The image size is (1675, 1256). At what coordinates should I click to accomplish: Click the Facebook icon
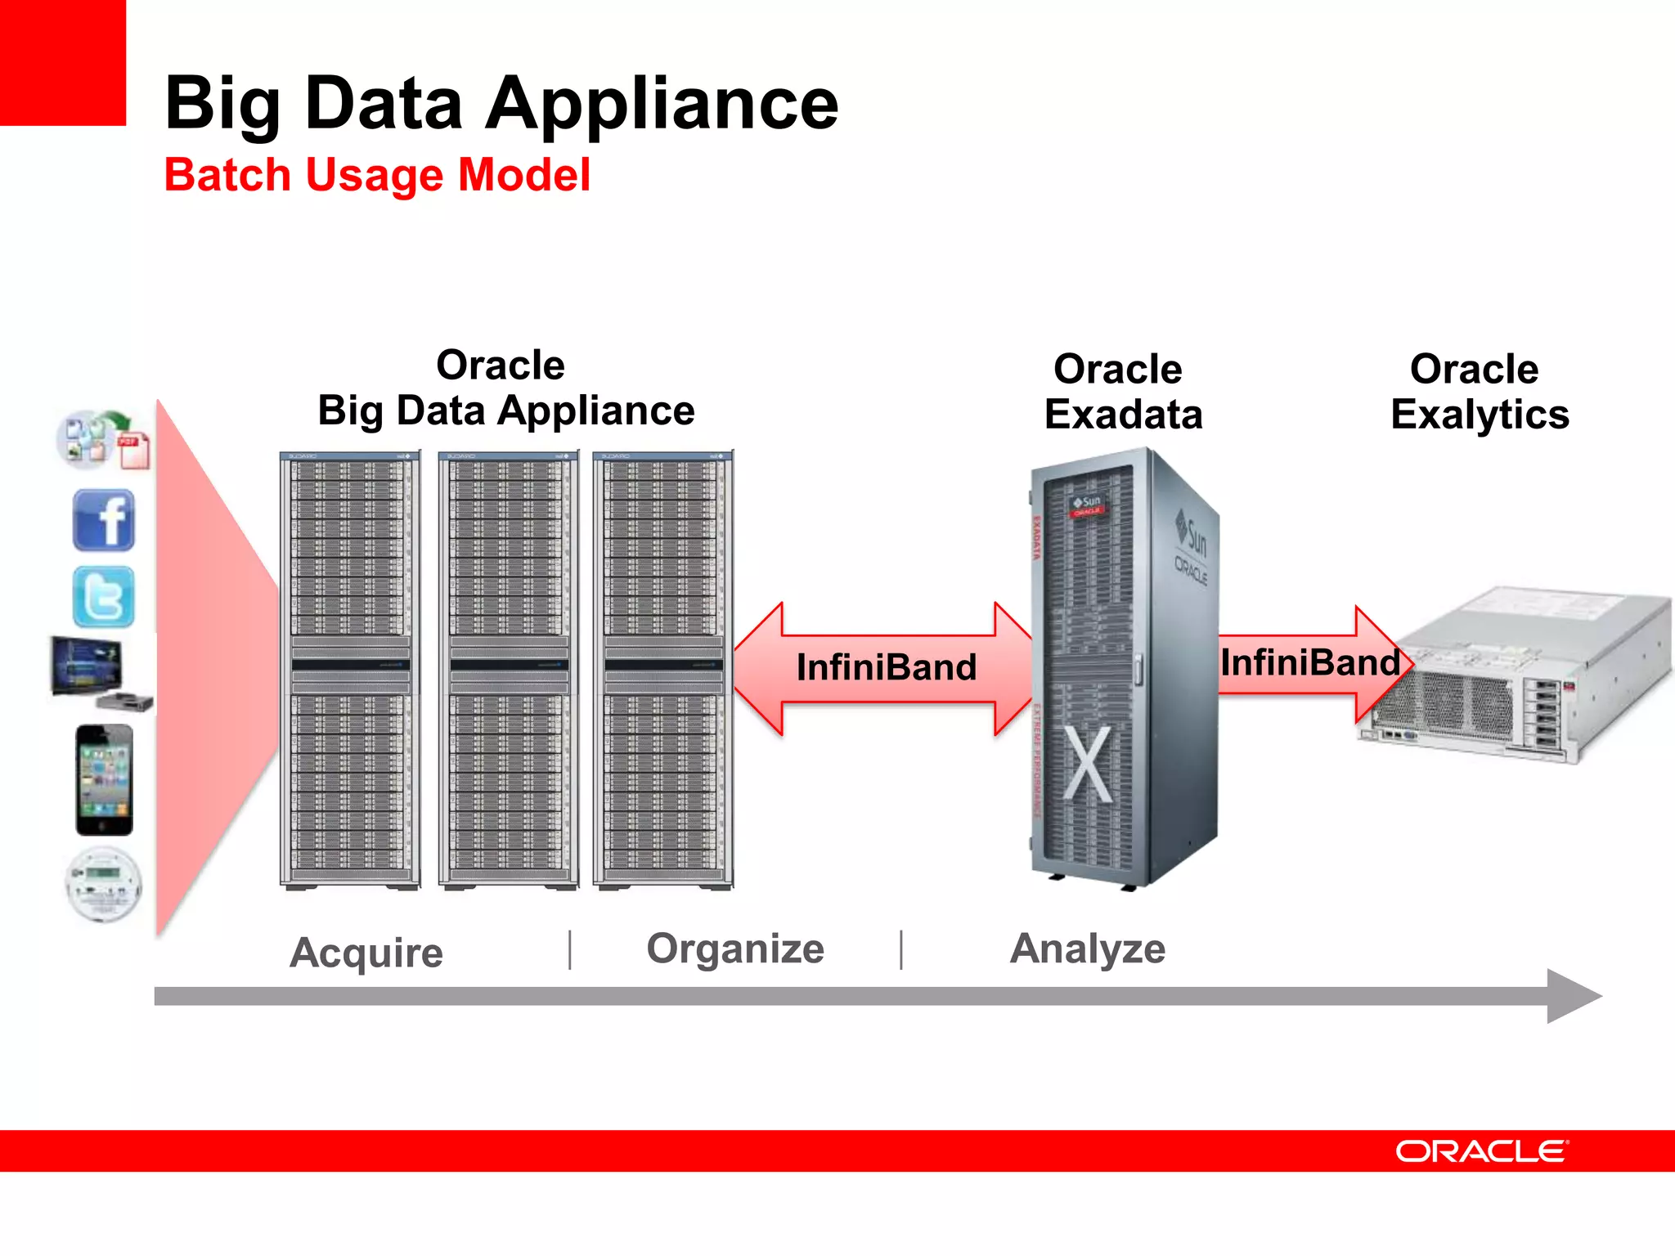point(104,520)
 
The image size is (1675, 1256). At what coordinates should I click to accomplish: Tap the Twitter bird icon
point(104,597)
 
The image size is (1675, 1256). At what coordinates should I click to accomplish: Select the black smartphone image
point(104,780)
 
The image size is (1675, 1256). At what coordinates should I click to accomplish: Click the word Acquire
point(366,953)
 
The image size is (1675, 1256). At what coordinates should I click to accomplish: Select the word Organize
point(735,949)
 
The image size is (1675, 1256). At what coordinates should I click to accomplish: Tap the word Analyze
point(1087,949)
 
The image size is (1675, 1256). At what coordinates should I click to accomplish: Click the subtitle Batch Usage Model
point(377,175)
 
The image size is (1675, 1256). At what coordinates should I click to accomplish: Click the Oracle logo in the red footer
point(1481,1151)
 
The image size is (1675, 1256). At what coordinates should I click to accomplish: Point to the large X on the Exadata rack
point(1088,765)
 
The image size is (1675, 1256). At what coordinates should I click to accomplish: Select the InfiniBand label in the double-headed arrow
point(887,667)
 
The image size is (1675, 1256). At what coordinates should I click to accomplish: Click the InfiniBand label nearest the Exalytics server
point(1310,662)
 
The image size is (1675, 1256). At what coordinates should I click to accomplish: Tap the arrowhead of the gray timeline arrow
point(1572,996)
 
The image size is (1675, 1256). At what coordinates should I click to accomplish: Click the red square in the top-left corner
point(62,62)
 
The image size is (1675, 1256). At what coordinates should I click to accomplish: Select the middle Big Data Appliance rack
point(508,669)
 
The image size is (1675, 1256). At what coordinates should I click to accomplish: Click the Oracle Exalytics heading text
point(1479,392)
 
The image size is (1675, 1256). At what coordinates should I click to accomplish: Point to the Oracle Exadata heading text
point(1122,392)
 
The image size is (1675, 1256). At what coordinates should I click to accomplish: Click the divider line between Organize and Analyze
point(901,950)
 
